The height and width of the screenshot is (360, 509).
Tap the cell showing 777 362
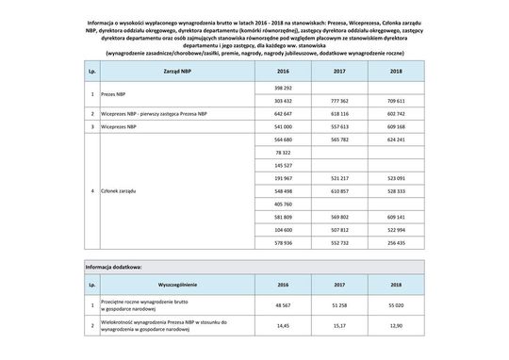(x=337, y=99)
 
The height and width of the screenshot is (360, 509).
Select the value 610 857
(x=337, y=190)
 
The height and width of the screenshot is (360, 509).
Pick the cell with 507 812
(x=337, y=229)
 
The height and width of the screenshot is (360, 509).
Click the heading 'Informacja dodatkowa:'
(x=113, y=267)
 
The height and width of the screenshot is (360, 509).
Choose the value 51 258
(x=337, y=304)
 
